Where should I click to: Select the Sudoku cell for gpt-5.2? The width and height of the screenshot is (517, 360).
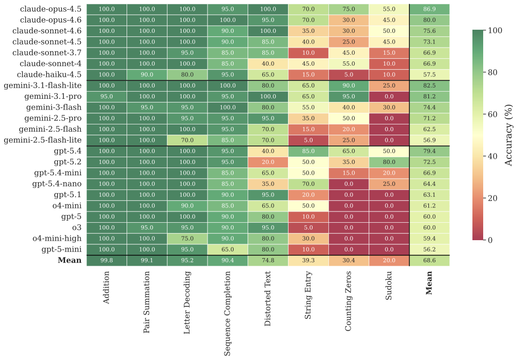point(389,162)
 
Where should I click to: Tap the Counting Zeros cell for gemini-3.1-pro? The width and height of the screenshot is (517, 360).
point(348,97)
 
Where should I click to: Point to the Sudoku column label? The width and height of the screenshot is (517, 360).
point(389,294)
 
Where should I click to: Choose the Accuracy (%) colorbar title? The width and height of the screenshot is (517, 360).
point(509,135)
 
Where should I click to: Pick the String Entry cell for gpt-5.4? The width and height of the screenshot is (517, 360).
point(308,152)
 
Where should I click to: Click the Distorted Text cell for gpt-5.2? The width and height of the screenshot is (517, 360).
point(267,162)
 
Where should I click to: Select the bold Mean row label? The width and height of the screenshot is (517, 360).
point(69,261)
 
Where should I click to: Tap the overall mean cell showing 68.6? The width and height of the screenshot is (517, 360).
point(429,261)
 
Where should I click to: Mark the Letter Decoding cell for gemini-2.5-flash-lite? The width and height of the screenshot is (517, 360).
point(187,140)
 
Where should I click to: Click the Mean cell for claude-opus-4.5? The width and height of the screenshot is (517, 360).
point(429,9)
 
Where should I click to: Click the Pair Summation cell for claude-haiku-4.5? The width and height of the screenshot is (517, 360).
point(147,75)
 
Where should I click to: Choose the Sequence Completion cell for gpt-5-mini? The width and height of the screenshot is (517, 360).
point(228,250)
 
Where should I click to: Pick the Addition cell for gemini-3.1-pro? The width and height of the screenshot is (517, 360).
point(107,97)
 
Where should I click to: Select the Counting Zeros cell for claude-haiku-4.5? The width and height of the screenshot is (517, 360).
point(348,75)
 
